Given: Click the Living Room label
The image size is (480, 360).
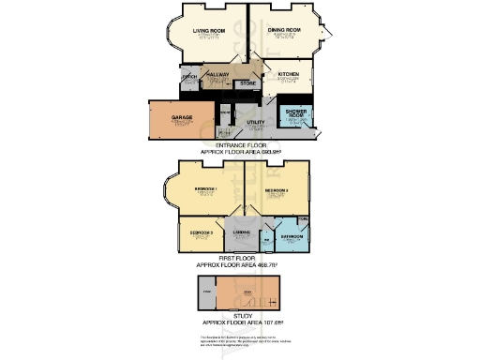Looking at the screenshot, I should pyautogui.click(x=210, y=30).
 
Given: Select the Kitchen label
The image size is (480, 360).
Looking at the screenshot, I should pyautogui.click(x=287, y=73).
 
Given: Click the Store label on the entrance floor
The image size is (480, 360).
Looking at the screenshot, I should pyautogui.click(x=247, y=83).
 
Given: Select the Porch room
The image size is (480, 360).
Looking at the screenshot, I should pyautogui.click(x=187, y=78).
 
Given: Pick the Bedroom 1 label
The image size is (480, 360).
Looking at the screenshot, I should pyautogui.click(x=206, y=189).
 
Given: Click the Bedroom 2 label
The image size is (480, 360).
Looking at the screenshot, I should pyautogui.click(x=277, y=189).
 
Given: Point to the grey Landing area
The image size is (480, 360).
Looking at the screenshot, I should pyautogui.click(x=240, y=234).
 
